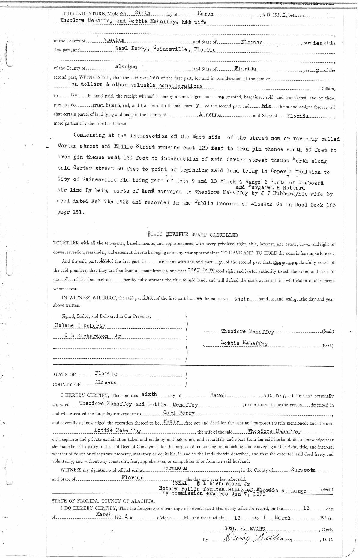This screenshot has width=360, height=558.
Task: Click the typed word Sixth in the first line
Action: click(x=142, y=13)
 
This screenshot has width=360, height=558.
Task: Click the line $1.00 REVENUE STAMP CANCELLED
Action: click(x=193, y=235)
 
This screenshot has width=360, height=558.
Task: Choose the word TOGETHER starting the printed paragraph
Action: click(x=65, y=244)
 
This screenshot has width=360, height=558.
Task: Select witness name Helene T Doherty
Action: click(x=80, y=326)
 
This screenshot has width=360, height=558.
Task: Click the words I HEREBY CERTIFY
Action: click(x=85, y=396)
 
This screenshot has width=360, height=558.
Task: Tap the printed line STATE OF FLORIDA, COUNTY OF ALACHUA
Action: click(x=103, y=501)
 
